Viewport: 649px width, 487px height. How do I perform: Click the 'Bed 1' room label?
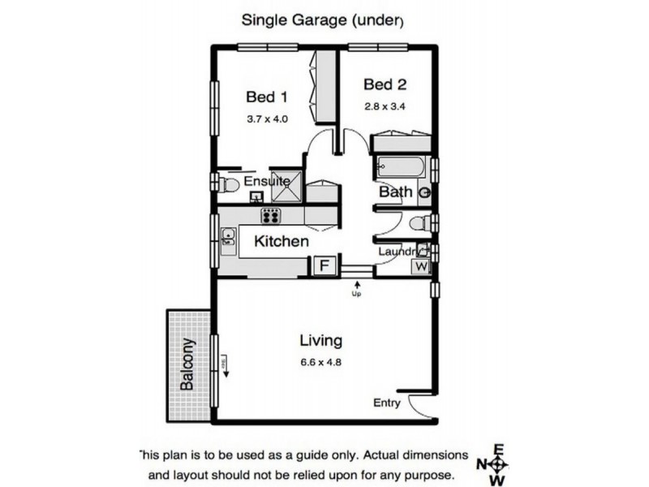coord(267,97)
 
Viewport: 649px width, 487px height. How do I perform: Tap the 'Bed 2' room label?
coord(385,84)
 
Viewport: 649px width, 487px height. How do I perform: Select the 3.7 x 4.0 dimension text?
coord(267,119)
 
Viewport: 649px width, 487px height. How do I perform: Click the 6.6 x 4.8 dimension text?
coord(320,362)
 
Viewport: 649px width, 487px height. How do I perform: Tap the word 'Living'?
coord(320,340)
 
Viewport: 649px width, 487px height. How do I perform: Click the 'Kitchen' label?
coord(282,241)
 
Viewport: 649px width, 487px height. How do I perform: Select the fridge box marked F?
coord(323,266)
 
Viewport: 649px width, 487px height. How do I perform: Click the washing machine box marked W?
coord(421,266)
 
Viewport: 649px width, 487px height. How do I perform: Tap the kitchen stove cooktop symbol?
coord(270,216)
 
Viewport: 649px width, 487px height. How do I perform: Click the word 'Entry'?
coord(387,403)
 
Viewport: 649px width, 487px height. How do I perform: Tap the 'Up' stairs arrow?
coord(355,287)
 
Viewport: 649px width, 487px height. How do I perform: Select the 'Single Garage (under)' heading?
coord(323,21)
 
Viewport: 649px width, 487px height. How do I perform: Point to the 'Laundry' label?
coord(397,252)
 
